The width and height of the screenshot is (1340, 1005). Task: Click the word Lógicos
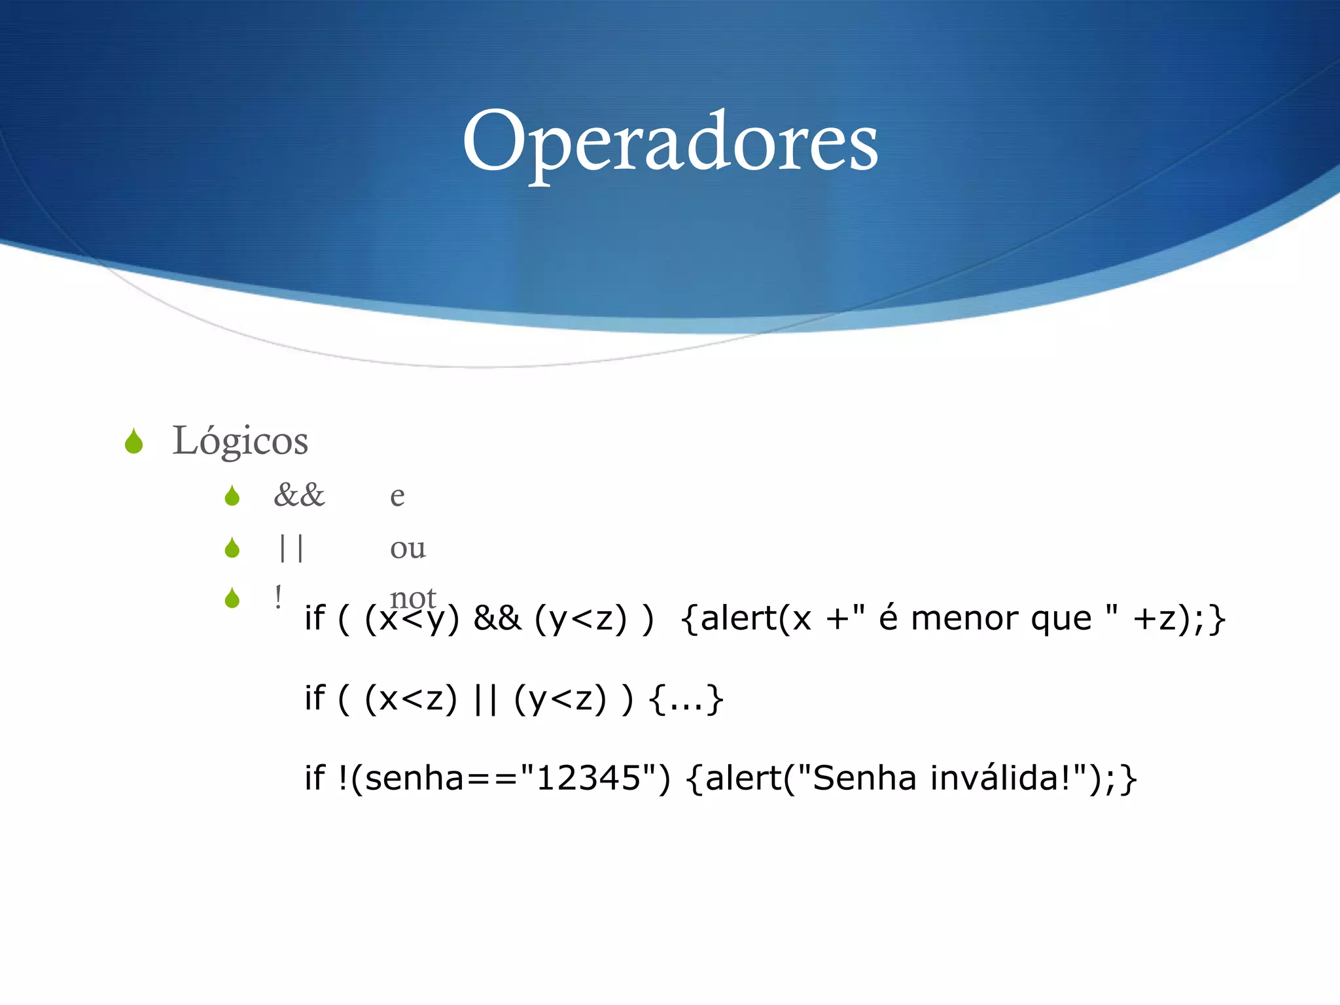pyautogui.click(x=240, y=441)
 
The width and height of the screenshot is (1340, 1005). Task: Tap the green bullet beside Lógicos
pyautogui.click(x=134, y=442)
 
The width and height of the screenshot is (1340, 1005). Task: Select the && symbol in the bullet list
pyautogui.click(x=299, y=495)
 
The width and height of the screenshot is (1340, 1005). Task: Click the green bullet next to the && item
pyautogui.click(x=232, y=496)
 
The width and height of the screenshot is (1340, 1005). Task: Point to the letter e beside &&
pyautogui.click(x=397, y=497)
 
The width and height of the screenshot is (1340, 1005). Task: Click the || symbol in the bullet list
pyautogui.click(x=291, y=547)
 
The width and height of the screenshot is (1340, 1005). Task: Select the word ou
pyautogui.click(x=408, y=548)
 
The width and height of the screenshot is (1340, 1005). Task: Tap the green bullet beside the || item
pyautogui.click(x=232, y=548)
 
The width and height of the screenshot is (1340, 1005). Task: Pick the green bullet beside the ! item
pyautogui.click(x=232, y=598)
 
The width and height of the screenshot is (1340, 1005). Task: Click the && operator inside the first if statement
pyautogui.click(x=497, y=618)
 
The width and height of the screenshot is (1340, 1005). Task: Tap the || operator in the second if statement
pyautogui.click(x=485, y=699)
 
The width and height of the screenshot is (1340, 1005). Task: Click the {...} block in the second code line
pyautogui.click(x=686, y=699)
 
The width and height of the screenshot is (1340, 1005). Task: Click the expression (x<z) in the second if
pyautogui.click(x=411, y=699)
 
